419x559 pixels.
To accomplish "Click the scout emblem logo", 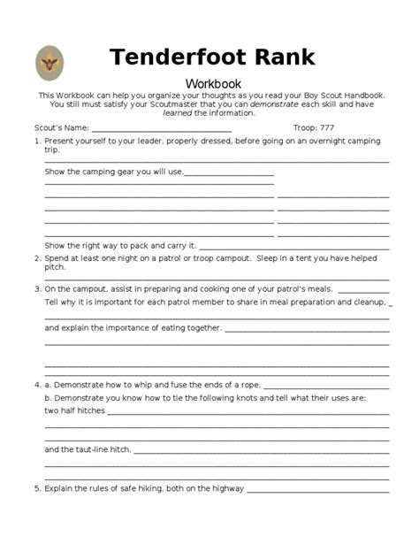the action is (50, 62).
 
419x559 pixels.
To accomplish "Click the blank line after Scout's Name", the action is (167, 129).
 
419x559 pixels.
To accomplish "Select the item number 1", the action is (36, 142).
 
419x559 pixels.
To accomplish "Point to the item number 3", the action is (36, 288).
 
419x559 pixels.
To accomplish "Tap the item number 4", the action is (36, 385).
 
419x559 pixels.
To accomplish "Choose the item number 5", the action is (36, 487).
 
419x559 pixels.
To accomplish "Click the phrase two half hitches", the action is (74, 410).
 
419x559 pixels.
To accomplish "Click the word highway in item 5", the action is (226, 487).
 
